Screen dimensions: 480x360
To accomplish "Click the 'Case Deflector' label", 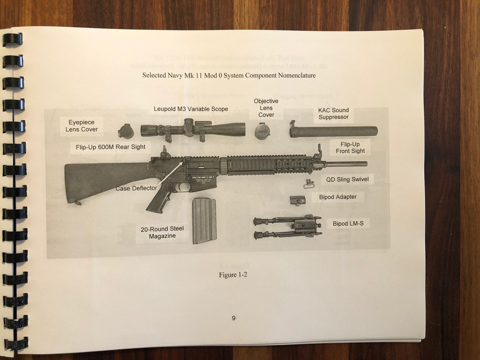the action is pos(136,188).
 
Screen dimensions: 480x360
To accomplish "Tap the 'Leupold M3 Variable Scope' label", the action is pos(191,109).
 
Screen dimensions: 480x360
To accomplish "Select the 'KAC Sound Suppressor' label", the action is pos(333,114).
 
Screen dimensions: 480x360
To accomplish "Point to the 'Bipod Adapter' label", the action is pos(338,197).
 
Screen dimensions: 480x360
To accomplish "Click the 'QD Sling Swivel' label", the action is pos(347,179).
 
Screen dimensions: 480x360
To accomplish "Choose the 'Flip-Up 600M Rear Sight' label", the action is pos(110,147).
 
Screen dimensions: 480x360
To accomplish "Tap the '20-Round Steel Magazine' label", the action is pos(162,232).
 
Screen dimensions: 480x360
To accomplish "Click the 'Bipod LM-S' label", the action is pos(348,223).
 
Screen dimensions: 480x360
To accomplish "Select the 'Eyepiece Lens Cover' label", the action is pos(82,126).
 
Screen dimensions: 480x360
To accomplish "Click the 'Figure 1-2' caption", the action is pos(233,275).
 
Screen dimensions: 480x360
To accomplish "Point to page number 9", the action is pos(234,318).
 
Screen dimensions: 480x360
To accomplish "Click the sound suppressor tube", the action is pos(336,131).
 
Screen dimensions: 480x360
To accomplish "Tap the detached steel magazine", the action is pos(204,221).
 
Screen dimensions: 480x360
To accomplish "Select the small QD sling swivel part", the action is pos(308,184).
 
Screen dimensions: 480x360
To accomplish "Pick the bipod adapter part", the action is pos(298,200).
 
